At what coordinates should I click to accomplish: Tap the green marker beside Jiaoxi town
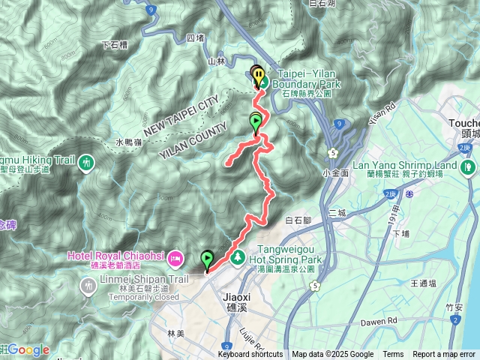click(207, 260)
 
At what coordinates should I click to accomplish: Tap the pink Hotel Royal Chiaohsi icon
click(174, 256)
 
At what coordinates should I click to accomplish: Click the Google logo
click(28, 349)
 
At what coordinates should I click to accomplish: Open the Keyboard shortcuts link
click(250, 355)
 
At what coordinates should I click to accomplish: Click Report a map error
click(445, 355)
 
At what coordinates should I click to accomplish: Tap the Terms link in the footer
click(393, 355)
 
